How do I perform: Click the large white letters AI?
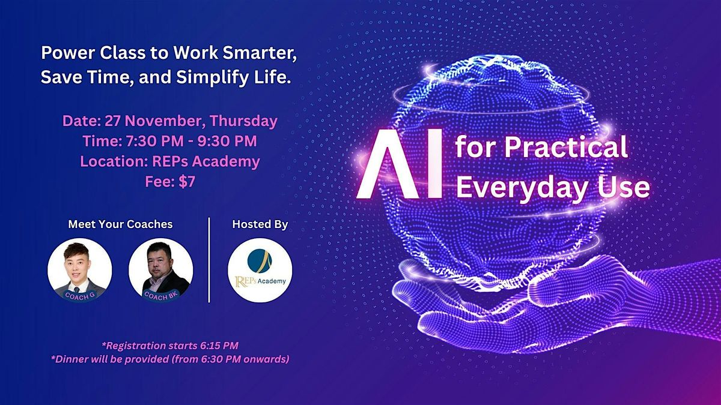399,164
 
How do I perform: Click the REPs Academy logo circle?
260,270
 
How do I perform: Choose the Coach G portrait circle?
79,270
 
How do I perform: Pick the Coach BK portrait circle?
160,270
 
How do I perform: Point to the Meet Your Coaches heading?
120,224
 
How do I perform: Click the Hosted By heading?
260,224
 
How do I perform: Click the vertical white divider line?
209,260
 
